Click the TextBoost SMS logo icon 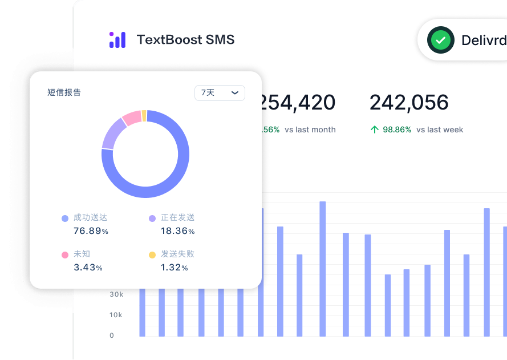tap(117, 40)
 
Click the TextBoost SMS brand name tap(185, 40)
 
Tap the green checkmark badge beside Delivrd tap(440, 40)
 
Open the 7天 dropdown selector tap(220, 92)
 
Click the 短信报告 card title tap(64, 92)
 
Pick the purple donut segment tap(112, 134)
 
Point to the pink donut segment tap(131, 118)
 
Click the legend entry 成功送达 tap(90, 217)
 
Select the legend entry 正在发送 tap(177, 217)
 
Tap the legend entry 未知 tap(82, 254)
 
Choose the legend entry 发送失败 tap(177, 254)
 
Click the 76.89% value tap(91, 231)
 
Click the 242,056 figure tap(409, 103)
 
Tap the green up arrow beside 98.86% tap(375, 130)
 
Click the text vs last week tap(440, 130)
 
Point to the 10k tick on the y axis tap(116, 315)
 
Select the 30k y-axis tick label tap(116, 294)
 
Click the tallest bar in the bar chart tap(322, 268)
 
